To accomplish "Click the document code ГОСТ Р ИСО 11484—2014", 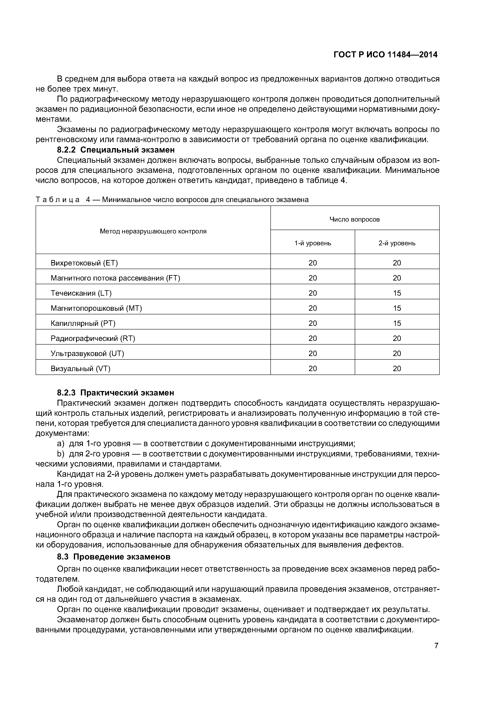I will pos(385,55).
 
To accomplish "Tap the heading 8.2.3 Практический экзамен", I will pos(116,393).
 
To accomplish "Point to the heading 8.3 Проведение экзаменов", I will pos(113,557).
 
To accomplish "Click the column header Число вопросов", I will pos(355,219).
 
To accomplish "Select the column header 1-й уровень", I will pos(313,243).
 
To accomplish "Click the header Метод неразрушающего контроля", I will pos(153,231).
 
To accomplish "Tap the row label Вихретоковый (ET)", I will pos(84,263).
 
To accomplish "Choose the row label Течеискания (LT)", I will pos(81,293).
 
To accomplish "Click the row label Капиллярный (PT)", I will pos(83,323).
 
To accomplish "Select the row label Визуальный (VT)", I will pos(80,368).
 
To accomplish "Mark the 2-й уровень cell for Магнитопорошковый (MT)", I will pos(397,308).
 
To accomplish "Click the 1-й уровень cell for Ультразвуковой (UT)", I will pos(313,353).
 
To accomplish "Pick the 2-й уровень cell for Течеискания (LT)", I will pos(397,293).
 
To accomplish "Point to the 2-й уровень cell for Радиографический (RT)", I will pos(397,338).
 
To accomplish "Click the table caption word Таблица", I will pos(58,200).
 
